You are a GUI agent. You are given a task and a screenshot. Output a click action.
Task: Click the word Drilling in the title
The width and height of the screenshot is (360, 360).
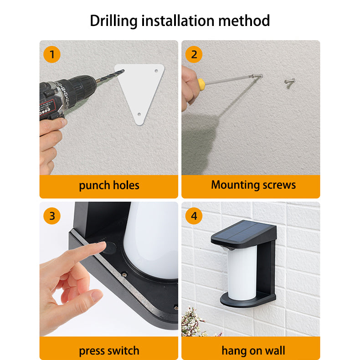[x=113, y=21]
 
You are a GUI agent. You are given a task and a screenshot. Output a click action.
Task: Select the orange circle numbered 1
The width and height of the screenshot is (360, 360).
[x=52, y=54]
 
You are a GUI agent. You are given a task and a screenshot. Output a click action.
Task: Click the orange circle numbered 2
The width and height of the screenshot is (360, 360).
[x=194, y=54]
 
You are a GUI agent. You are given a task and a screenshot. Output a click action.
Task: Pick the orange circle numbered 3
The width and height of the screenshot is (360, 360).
[x=52, y=216]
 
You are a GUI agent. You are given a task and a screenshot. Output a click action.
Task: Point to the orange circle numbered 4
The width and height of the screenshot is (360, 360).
[x=194, y=216]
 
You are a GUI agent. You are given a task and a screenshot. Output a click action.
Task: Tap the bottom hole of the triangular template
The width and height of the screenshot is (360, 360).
[x=139, y=114]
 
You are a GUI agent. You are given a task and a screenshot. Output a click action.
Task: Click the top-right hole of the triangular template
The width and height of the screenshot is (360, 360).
[x=156, y=71]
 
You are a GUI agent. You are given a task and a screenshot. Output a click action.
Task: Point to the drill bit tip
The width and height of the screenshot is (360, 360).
[x=124, y=70]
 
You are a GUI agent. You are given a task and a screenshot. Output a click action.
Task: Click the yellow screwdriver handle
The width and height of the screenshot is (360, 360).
[x=201, y=83]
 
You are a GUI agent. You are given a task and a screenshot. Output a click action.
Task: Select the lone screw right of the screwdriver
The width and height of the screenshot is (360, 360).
[x=289, y=81]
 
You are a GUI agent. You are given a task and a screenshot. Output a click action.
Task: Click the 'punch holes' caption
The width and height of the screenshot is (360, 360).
[x=109, y=185]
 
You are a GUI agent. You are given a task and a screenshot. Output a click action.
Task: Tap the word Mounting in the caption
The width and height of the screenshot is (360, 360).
[x=235, y=185]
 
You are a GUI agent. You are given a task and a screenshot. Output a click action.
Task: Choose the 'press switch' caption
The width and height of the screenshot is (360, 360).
[x=109, y=351]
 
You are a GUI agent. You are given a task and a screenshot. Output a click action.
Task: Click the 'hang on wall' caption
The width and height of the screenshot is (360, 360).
[x=253, y=350]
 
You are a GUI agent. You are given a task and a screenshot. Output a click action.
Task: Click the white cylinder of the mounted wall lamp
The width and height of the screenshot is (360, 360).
[x=242, y=273]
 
